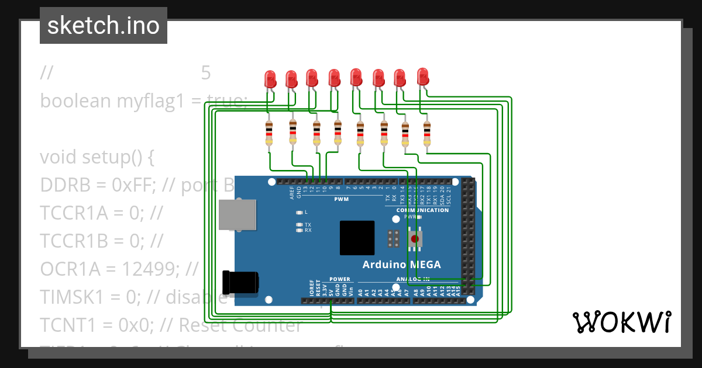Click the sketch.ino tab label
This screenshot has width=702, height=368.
click(x=103, y=26)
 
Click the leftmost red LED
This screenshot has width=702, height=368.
click(x=270, y=79)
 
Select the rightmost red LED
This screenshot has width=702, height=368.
click(x=423, y=77)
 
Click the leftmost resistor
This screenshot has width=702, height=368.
click(x=269, y=133)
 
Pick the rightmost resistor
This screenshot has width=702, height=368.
click(x=426, y=133)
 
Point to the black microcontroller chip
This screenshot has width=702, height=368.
click(x=357, y=238)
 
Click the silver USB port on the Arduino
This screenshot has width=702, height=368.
click(x=238, y=214)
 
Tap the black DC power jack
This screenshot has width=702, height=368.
click(x=240, y=282)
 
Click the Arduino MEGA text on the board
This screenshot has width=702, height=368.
click(x=401, y=265)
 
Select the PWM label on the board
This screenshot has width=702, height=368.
click(x=341, y=199)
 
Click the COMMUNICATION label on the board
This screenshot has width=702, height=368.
click(x=422, y=210)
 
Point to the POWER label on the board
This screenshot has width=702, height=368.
click(x=339, y=279)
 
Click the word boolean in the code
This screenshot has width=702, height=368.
click(x=75, y=100)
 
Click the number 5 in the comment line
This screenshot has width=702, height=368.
click(x=205, y=73)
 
